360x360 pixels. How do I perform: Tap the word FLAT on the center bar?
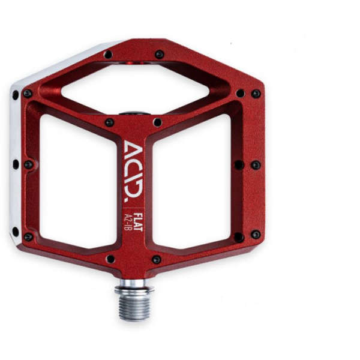(x=138, y=222)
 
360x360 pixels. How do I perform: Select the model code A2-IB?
(x=127, y=222)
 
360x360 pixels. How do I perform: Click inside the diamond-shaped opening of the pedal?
(x=135, y=88)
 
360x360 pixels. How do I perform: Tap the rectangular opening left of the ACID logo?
(x=79, y=181)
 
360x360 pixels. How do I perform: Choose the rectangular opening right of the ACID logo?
(x=191, y=181)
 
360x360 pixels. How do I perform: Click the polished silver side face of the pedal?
(x=16, y=161)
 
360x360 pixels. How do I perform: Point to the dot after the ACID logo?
(x=126, y=200)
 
